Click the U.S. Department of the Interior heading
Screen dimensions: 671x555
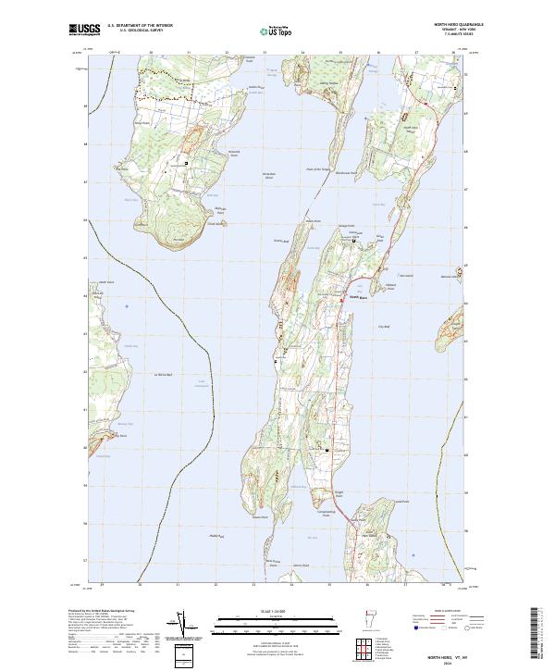[139, 24]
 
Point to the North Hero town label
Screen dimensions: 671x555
[357, 297]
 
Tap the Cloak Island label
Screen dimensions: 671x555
[216, 223]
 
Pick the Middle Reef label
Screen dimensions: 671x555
[216, 536]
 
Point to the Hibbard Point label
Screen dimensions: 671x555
[389, 289]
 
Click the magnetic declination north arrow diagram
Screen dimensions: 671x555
[185, 627]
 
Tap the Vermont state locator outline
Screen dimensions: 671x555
[364, 618]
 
